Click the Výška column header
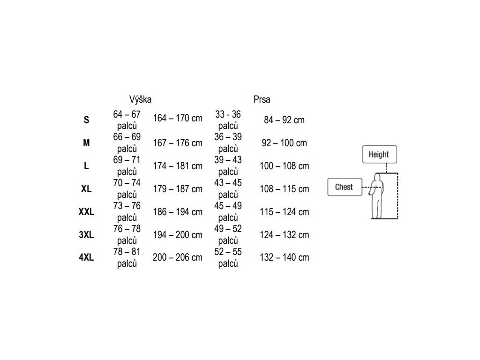[x=140, y=99]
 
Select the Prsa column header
[x=262, y=99]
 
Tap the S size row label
[x=86, y=120]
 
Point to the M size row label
[x=86, y=143]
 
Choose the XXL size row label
[x=86, y=212]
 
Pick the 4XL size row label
[x=86, y=257]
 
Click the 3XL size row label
[x=86, y=235]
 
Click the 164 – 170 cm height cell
[x=178, y=118]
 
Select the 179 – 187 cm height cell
[x=178, y=189]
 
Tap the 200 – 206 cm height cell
[x=178, y=257]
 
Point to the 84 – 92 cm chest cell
[x=284, y=120]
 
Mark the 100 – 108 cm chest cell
[x=285, y=166]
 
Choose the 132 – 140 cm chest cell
[x=285, y=257]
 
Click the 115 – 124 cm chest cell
[x=285, y=212]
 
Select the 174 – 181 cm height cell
[x=178, y=166]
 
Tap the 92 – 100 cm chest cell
[x=284, y=143]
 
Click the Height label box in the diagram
[x=379, y=154]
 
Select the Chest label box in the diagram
[x=344, y=187]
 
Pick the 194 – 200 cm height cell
[x=178, y=235]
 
